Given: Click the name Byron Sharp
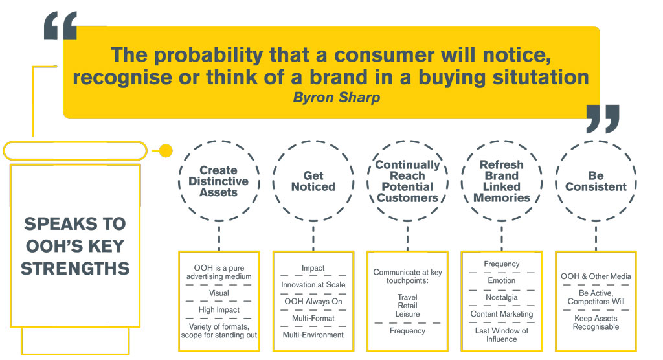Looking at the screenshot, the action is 337,98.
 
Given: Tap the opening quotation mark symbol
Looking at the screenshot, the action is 60,26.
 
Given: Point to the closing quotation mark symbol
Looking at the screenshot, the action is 603,119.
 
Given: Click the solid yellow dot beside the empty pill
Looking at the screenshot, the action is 166,151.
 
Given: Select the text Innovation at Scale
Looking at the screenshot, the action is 313,285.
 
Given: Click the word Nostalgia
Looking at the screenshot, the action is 502,297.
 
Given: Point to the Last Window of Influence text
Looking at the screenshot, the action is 502,335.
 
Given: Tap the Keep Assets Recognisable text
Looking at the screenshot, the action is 596,322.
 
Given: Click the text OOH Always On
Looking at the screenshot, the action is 313,302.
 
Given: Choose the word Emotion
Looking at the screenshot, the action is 502,280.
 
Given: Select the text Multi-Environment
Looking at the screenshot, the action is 313,335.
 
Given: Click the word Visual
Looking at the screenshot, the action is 219,293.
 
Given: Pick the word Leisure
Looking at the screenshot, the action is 408,314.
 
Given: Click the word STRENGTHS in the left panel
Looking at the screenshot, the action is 75,269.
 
